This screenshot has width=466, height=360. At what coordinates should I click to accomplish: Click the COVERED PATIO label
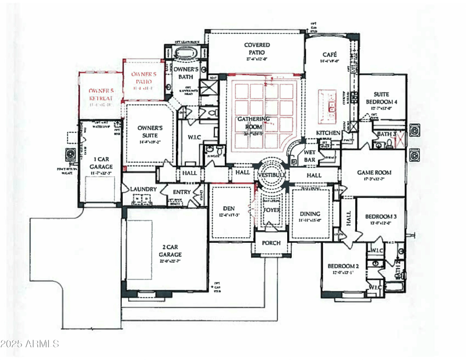point(256,49)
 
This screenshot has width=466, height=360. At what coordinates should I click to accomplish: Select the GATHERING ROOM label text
point(256,123)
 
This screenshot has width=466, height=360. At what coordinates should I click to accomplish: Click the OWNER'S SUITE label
point(150,132)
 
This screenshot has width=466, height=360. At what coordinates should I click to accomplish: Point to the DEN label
point(228,208)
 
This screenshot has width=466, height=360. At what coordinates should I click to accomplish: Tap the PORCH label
point(271,243)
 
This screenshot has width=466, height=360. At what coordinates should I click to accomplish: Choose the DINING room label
point(309,214)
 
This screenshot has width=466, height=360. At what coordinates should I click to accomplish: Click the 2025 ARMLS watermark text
point(30,344)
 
